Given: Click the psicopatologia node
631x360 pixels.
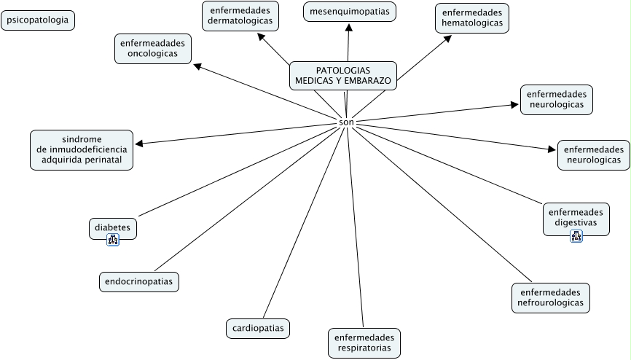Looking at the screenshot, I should click(x=39, y=20).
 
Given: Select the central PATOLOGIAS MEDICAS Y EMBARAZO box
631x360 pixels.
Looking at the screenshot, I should click(x=343, y=75).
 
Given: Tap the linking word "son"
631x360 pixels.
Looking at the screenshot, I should click(x=346, y=122).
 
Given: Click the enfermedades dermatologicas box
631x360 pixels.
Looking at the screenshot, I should click(x=240, y=16).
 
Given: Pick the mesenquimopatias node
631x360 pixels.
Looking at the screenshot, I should click(x=349, y=12).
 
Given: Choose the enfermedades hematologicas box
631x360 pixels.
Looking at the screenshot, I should click(x=472, y=18).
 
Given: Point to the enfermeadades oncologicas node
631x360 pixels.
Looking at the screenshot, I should click(x=152, y=48).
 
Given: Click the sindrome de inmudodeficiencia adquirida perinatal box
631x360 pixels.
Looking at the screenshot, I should click(x=82, y=149).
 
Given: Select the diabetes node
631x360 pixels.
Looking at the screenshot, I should click(x=112, y=228).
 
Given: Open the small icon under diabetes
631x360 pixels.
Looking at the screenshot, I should click(x=113, y=240).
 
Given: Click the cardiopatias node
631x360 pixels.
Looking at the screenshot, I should click(x=257, y=328).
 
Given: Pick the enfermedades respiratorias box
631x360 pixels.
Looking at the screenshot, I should click(x=364, y=343).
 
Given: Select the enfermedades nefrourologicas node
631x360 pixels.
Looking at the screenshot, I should click(x=550, y=297).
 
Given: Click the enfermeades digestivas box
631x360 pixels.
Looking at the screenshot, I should click(x=575, y=217).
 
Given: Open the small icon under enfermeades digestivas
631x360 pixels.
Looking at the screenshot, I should click(x=576, y=235).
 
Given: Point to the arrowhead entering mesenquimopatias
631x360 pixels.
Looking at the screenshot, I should click(x=349, y=27).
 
